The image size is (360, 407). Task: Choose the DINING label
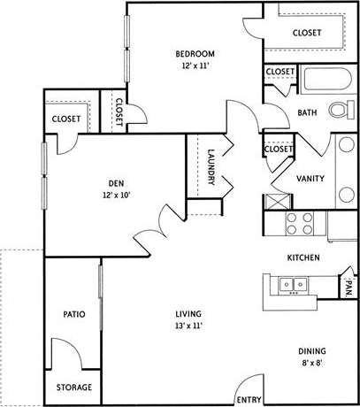click(309, 349)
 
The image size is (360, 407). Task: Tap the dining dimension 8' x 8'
click(309, 362)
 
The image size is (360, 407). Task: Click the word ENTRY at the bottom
click(249, 399)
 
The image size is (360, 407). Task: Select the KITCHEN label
click(303, 257)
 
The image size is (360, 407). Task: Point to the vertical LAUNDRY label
click(212, 165)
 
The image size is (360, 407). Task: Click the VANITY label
click(310, 179)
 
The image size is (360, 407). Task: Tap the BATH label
click(307, 112)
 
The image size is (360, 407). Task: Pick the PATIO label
click(73, 314)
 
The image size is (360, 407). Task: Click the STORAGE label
click(73, 388)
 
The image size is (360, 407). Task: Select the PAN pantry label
click(349, 287)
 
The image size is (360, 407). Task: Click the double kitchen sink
click(292, 285)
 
